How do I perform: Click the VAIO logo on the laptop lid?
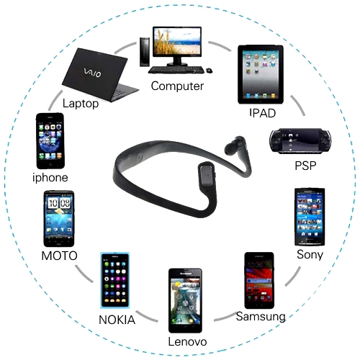click(x=92, y=73)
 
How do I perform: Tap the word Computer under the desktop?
click(x=177, y=86)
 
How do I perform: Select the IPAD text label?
click(x=263, y=113)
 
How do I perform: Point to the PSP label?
click(x=305, y=166)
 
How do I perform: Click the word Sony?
click(x=310, y=255)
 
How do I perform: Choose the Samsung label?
click(x=261, y=317)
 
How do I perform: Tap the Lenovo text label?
click(x=187, y=341)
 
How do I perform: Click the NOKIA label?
click(x=117, y=320)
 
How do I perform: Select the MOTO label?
click(x=59, y=256)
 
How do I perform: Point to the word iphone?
click(x=50, y=178)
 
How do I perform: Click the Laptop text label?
click(x=81, y=104)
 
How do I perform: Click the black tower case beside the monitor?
click(x=145, y=52)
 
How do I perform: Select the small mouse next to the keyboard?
click(x=209, y=71)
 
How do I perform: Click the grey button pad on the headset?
click(x=207, y=175)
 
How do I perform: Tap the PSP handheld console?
click(x=300, y=140)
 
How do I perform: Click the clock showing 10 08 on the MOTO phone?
click(x=59, y=203)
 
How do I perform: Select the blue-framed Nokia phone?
click(x=115, y=280)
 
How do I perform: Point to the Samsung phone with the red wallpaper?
click(x=259, y=280)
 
